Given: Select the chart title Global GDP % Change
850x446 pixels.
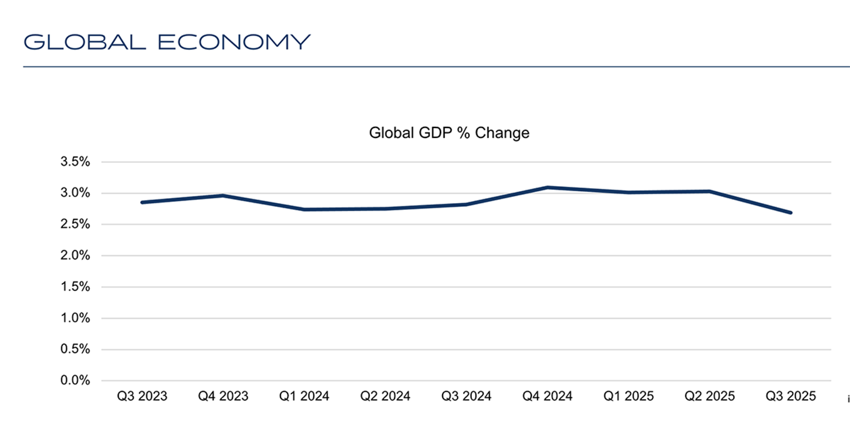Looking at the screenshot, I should [x=449, y=133].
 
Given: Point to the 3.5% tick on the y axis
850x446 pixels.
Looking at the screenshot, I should [x=76, y=162].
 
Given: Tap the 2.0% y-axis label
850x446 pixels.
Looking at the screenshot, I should [x=76, y=255].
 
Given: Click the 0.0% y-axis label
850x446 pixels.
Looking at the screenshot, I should [x=76, y=380].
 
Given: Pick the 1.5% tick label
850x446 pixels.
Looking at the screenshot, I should [x=76, y=287].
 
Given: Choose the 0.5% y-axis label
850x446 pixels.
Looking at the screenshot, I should [x=76, y=349].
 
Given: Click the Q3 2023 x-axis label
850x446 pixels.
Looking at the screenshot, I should [x=142, y=397].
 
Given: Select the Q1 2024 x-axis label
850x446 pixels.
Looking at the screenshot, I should [x=304, y=397].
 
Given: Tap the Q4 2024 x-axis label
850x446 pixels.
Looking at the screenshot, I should [x=547, y=397].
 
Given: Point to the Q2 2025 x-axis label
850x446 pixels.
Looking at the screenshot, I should [x=710, y=397].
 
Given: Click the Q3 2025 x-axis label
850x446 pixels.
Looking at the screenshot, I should [x=791, y=397].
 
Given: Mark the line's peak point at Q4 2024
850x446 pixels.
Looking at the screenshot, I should [x=547, y=187].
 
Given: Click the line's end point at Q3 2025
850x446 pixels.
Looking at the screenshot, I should [x=791, y=212].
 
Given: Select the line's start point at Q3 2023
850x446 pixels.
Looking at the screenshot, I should [x=142, y=202].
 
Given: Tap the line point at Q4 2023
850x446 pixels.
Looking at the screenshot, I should [x=223, y=196].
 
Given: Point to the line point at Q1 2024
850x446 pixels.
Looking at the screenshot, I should [x=304, y=209].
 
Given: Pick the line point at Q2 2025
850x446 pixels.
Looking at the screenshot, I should [x=710, y=191].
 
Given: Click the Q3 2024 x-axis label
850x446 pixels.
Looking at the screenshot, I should [x=466, y=397].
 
